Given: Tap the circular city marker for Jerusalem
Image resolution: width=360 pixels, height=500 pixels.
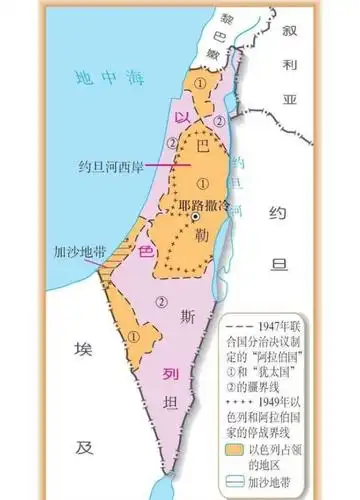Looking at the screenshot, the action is [197, 217].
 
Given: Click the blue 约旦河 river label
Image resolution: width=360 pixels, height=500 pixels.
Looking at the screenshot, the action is [238, 175].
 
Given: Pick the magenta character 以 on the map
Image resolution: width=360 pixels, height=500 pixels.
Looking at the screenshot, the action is [181, 118].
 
